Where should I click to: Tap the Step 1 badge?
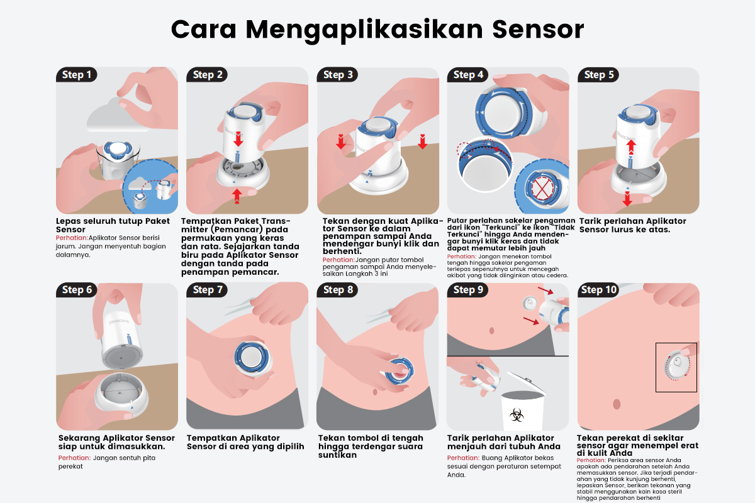point(77,75)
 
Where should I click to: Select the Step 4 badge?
point(468,75)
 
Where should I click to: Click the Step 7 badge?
point(208,290)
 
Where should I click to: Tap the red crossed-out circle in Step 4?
point(540,188)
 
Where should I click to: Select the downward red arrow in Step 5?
point(627,198)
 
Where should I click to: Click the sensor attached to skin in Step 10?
point(677,367)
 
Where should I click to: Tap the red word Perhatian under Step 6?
point(73,458)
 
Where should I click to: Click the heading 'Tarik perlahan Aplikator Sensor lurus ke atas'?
point(632,225)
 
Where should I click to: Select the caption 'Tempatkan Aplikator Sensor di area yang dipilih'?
point(245,442)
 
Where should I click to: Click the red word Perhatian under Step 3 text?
point(338,260)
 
